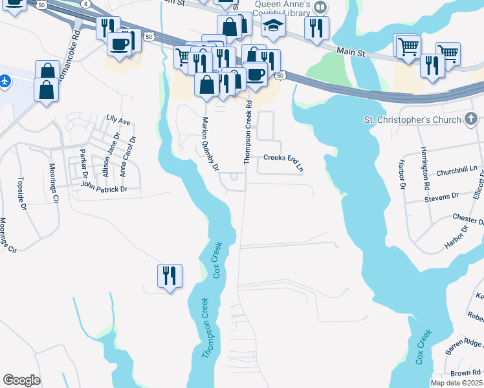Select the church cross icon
click(471, 119)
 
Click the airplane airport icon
click(6, 81)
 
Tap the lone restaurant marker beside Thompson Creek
click(170, 276)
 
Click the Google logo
click(21, 380)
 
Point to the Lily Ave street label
click(118, 121)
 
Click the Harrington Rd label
click(425, 167)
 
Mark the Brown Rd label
click(465, 374)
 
